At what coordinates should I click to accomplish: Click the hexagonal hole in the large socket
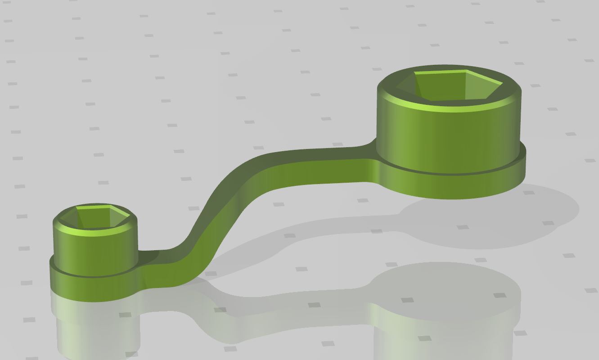point(450,88)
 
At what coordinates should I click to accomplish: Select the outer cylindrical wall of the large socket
point(446,135)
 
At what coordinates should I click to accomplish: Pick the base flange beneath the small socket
point(90,288)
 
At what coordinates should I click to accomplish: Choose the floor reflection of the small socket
point(95,328)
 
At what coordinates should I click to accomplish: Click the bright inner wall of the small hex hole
point(92,209)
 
